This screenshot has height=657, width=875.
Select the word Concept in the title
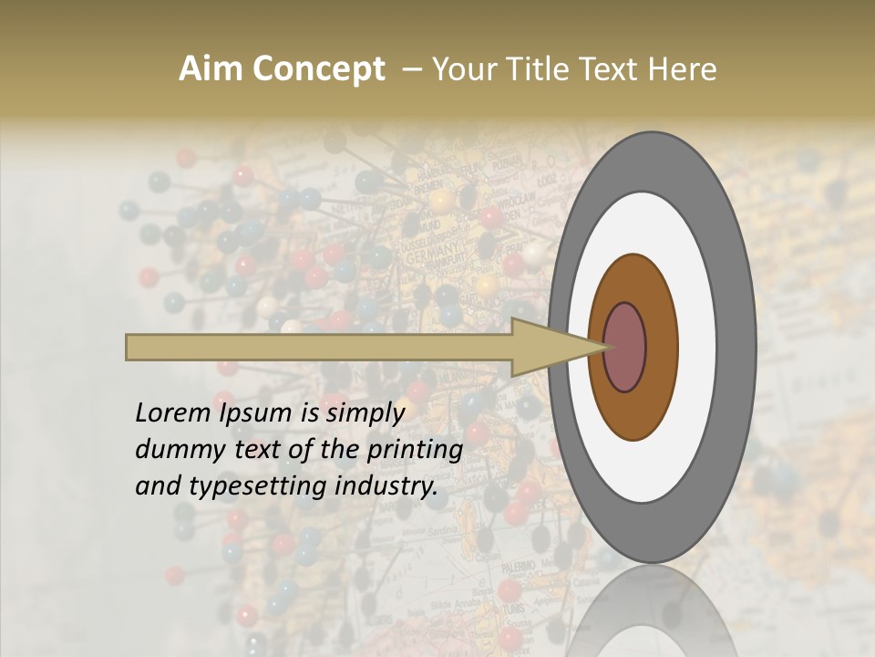click(x=318, y=69)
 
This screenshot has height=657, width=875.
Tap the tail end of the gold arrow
click(x=129, y=347)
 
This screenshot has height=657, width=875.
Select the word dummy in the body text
click(x=174, y=450)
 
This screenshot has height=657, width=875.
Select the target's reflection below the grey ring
click(x=652, y=611)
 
